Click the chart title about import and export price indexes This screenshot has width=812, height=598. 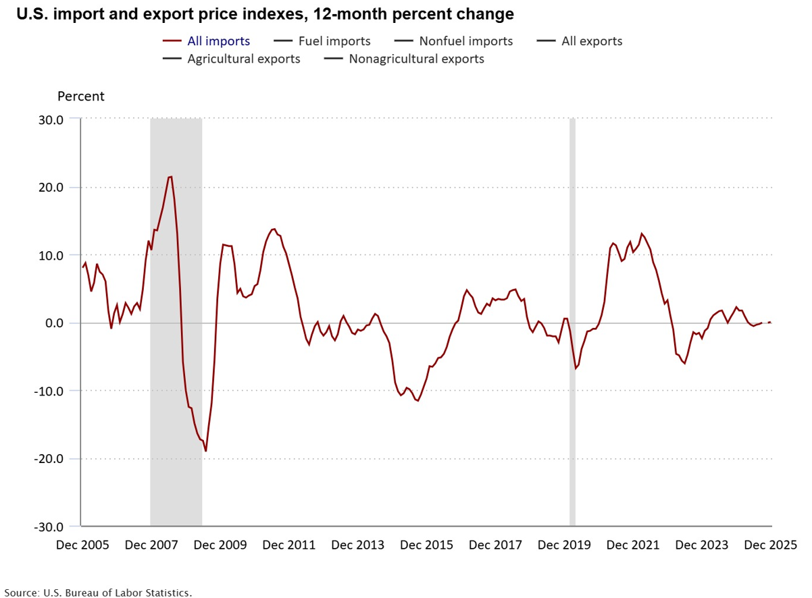point(265,13)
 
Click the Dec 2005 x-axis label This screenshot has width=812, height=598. point(81,545)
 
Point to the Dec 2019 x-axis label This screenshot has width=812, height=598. point(564,545)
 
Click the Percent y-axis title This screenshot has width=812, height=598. point(81,97)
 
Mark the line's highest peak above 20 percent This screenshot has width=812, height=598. point(171,177)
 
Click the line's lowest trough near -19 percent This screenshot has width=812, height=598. point(206,451)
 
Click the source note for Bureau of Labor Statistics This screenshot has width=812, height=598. point(98,593)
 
